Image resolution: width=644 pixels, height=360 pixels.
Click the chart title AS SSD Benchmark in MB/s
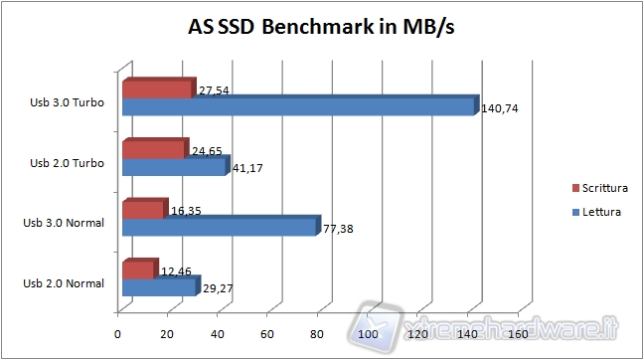point(321,27)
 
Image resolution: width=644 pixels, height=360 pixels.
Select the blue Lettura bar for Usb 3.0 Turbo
point(298,105)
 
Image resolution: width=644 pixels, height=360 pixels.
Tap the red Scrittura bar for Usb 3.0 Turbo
point(157,90)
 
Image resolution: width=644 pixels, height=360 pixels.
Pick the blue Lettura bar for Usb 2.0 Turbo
point(174,166)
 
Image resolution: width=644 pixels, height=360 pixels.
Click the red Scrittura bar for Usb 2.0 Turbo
point(154,150)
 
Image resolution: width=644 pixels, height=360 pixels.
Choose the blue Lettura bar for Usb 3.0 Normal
point(219,227)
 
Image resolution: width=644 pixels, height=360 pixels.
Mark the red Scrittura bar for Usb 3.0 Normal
point(143,211)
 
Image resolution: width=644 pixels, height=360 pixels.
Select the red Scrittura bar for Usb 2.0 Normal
point(138,270)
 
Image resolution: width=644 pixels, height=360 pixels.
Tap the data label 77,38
point(338,230)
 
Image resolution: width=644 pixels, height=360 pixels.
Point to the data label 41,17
point(244,169)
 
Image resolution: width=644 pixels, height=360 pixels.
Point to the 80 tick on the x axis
point(318,334)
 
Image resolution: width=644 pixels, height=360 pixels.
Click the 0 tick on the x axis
point(118,334)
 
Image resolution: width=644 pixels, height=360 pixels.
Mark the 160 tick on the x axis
point(517,334)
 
